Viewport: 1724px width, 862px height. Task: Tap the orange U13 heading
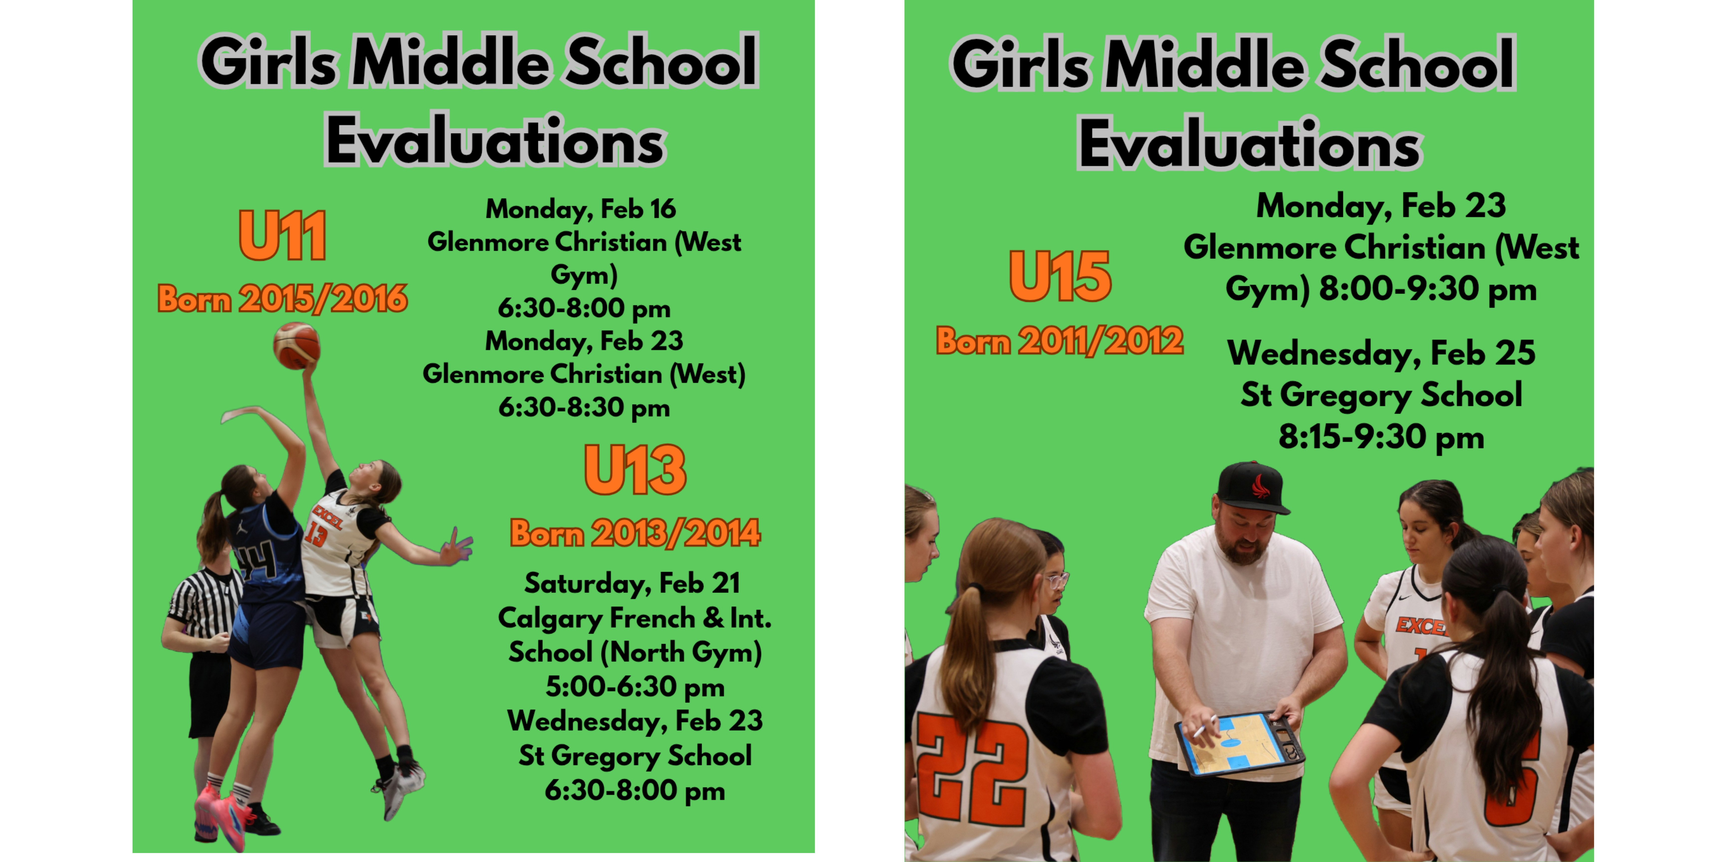tap(635, 470)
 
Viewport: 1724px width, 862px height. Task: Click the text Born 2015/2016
tap(282, 299)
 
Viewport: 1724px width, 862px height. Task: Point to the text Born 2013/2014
tap(635, 534)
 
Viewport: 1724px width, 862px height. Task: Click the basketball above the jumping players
tap(296, 345)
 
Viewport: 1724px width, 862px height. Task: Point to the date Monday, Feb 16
tap(581, 209)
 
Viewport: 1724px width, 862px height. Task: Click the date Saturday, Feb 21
tap(633, 583)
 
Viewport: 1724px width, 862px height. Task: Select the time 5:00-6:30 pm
tap(635, 687)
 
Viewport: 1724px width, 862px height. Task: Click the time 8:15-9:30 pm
tap(1381, 437)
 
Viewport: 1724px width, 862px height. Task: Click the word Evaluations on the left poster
tap(495, 140)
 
